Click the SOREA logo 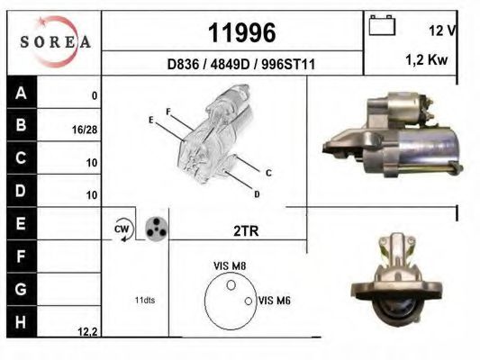[55, 41]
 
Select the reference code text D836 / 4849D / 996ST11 [241, 64]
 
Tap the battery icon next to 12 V [382, 28]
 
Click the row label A [22, 92]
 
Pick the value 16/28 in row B [85, 130]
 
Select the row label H [22, 320]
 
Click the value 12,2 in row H [87, 332]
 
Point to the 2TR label [245, 231]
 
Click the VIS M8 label [229, 265]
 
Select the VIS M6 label [273, 301]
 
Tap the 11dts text [143, 300]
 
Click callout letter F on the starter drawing [168, 112]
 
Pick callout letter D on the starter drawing [257, 193]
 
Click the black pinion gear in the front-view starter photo [395, 310]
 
